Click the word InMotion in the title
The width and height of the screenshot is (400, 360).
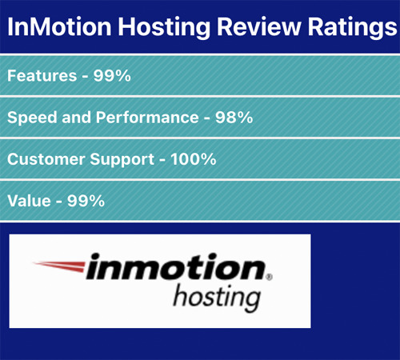(x=59, y=26)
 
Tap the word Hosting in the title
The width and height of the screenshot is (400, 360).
(x=164, y=28)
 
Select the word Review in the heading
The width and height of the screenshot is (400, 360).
(x=259, y=26)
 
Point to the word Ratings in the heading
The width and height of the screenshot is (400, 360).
(x=353, y=28)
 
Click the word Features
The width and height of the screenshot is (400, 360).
(x=42, y=75)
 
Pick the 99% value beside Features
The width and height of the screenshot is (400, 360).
(x=112, y=75)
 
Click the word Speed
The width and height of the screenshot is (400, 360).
(x=32, y=118)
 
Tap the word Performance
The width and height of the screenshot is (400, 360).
(x=147, y=118)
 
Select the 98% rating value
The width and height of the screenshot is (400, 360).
(x=234, y=118)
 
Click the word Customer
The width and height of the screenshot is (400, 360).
(x=46, y=159)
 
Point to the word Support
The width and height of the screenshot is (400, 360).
(x=122, y=160)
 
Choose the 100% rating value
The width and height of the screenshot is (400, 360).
(x=194, y=159)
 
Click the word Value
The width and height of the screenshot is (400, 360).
(x=29, y=201)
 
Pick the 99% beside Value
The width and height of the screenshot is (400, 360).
(x=86, y=201)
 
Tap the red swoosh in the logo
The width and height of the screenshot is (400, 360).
(x=58, y=266)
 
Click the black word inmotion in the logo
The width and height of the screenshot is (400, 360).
(x=175, y=266)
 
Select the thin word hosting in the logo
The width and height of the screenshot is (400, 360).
(x=217, y=298)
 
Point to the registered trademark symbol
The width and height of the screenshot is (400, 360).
(x=269, y=277)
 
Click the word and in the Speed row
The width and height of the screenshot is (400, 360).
(x=77, y=118)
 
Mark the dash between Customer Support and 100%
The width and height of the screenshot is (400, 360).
(x=162, y=161)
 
